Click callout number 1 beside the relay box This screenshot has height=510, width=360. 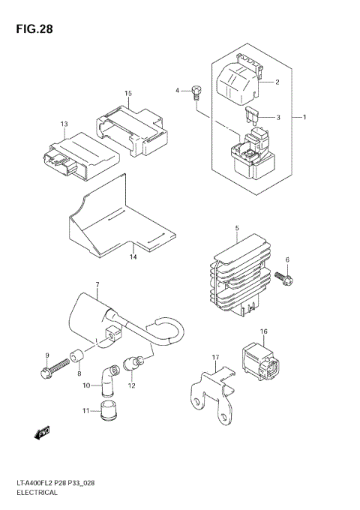coord(305,117)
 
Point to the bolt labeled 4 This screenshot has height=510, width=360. coord(196,93)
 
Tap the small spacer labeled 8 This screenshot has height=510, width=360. coord(76,356)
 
